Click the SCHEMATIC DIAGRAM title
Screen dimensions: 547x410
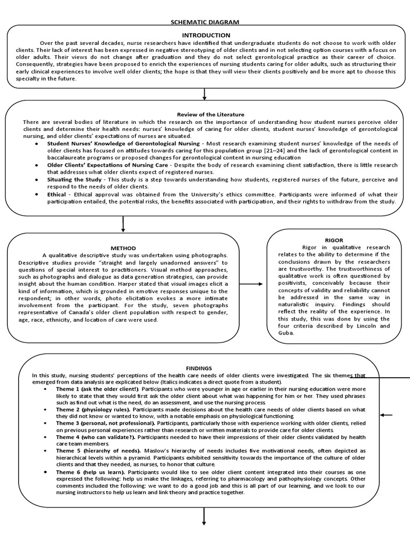tap(204, 22)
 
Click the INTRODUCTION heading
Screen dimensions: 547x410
tap(204, 35)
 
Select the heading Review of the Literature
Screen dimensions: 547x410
tap(210, 114)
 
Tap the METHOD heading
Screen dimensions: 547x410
tap(123, 248)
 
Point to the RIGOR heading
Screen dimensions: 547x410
tap(334, 240)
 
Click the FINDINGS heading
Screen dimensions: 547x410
tap(199, 368)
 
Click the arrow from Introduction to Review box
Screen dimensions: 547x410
tap(204, 94)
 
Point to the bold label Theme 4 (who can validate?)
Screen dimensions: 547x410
tap(96, 437)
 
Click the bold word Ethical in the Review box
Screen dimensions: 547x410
tap(57, 194)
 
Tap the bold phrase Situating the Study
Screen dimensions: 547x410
tap(74, 179)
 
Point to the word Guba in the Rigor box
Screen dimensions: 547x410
tap(287, 333)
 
